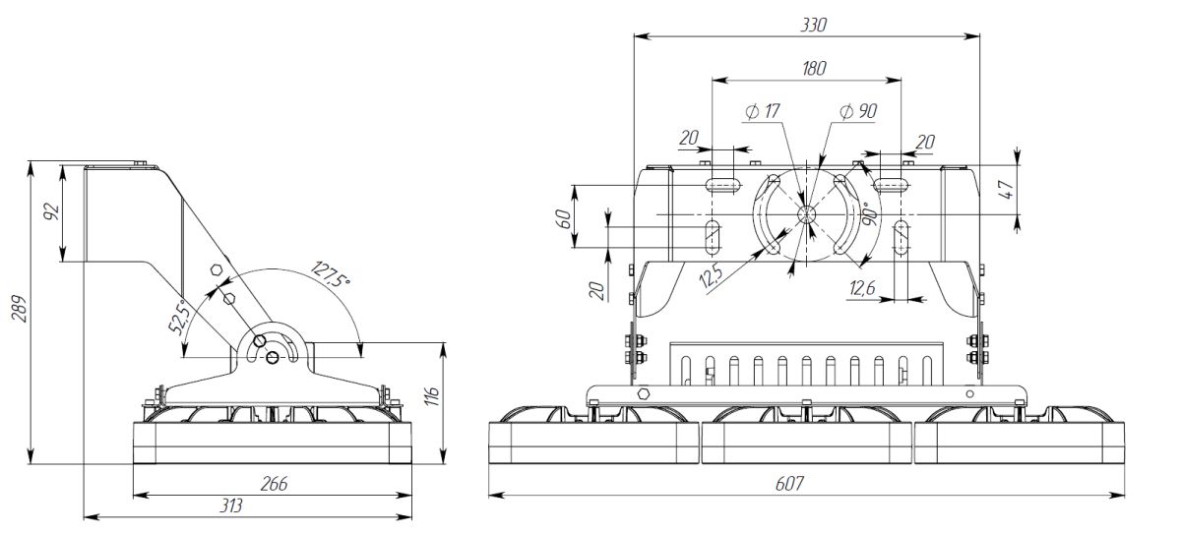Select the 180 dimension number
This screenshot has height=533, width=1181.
(814, 68)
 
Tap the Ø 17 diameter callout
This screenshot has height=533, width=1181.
(763, 112)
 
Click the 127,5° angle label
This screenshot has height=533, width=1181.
(330, 274)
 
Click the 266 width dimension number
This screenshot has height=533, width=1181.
(274, 484)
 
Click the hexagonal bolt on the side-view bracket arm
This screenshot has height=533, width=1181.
(216, 269)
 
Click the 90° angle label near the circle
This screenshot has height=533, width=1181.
(869, 216)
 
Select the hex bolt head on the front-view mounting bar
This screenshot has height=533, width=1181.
(646, 393)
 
